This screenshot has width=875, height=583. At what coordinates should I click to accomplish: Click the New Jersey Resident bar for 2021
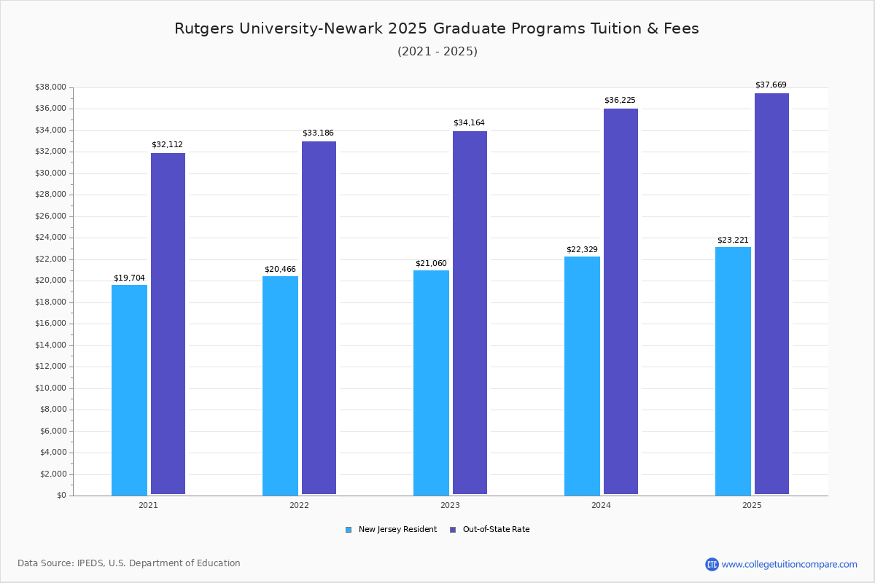[x=129, y=390]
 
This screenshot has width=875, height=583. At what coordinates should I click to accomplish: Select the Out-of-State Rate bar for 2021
[x=168, y=324]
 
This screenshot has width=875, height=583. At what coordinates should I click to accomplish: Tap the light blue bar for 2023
[x=431, y=383]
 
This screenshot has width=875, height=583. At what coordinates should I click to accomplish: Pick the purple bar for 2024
[x=621, y=302]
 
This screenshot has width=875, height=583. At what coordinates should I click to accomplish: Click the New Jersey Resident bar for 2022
[x=280, y=386]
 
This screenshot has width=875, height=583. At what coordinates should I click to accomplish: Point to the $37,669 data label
[x=771, y=85]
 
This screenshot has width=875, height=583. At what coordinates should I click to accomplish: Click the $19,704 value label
[x=129, y=278]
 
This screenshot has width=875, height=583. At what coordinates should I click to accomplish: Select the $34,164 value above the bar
[x=469, y=122]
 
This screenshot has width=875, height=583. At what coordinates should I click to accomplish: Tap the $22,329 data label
[x=582, y=249]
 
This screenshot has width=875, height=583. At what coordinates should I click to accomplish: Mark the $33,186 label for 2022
[x=318, y=133]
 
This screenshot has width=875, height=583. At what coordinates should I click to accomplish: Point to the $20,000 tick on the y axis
[x=50, y=281]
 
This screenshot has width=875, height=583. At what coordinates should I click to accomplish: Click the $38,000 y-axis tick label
[x=50, y=87]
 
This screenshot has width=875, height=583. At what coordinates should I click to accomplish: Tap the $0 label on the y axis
[x=61, y=496]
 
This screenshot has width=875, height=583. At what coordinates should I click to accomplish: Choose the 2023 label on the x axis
[x=450, y=505]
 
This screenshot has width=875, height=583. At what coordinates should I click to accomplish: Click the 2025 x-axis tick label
[x=752, y=505]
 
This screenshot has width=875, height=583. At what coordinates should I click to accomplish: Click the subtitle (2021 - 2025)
[x=437, y=51]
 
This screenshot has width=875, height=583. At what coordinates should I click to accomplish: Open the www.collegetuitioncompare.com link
[x=789, y=564]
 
